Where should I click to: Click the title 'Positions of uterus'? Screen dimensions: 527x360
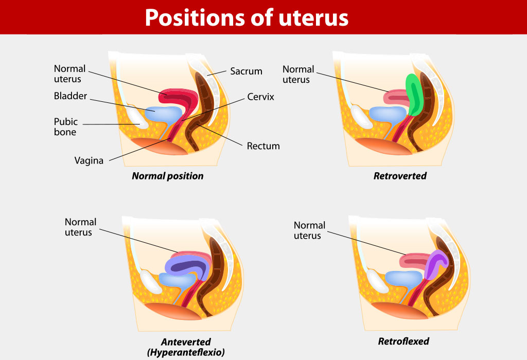pyautogui.click(x=247, y=17)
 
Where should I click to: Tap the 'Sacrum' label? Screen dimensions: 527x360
pyautogui.click(x=246, y=71)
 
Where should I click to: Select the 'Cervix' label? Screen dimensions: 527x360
pyautogui.click(x=260, y=97)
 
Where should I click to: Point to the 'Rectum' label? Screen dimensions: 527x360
pyautogui.click(x=263, y=146)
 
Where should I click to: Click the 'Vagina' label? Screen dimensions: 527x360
pyautogui.click(x=89, y=160)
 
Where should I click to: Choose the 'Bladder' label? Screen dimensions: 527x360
pyautogui.click(x=70, y=96)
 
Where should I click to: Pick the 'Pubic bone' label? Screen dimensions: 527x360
pyautogui.click(x=65, y=127)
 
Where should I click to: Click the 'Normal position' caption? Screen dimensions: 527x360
pyautogui.click(x=167, y=176)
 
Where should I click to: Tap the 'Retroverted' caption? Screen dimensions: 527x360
pyautogui.click(x=400, y=176)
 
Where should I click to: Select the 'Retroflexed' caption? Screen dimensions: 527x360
pyautogui.click(x=403, y=341)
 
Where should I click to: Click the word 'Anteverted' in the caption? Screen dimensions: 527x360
pyautogui.click(x=185, y=342)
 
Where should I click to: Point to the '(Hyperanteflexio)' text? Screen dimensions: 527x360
pyautogui.click(x=186, y=352)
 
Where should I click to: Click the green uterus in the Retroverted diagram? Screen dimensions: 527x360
pyautogui.click(x=413, y=95)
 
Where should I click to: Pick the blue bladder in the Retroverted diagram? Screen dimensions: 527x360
pyautogui.click(x=388, y=114)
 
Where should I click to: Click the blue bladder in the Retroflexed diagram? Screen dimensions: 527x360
pyautogui.click(x=403, y=279)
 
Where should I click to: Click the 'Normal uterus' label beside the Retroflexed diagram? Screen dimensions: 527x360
pyautogui.click(x=309, y=230)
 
